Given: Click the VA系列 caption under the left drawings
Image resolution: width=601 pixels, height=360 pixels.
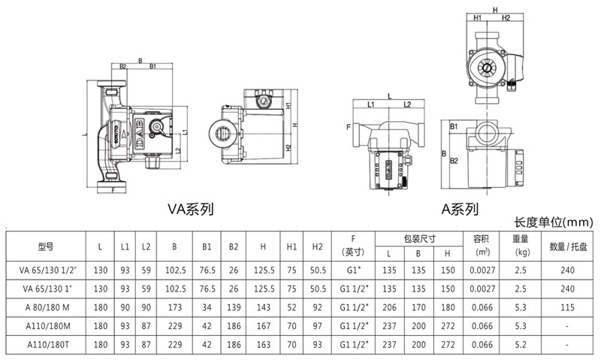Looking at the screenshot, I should (x=189, y=209).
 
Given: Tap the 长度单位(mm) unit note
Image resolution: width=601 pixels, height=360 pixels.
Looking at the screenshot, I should (x=554, y=222).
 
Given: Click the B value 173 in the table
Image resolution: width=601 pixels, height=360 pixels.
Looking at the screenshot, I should (x=174, y=307).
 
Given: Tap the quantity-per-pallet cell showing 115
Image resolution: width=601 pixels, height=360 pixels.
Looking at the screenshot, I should (x=567, y=307).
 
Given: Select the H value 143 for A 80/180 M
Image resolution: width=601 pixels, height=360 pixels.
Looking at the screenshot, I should (x=262, y=307).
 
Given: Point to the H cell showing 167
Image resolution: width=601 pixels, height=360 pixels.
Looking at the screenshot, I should (x=262, y=326).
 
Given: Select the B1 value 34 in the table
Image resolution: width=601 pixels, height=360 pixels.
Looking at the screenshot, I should (x=206, y=307).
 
